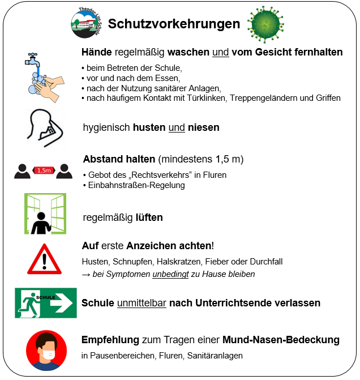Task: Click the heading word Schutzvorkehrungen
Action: [174, 24]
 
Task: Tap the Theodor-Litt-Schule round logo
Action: [86, 24]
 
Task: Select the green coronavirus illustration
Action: [266, 24]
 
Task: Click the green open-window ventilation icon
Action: [45, 214]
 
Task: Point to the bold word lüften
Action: [149, 217]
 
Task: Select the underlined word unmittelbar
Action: [142, 303]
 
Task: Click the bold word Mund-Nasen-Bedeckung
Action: [281, 340]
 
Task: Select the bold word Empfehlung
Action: [110, 340]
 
